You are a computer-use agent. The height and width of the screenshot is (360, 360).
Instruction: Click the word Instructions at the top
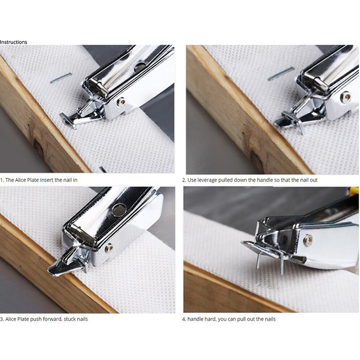click(13, 42)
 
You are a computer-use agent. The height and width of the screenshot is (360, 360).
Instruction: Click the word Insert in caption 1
click(47, 180)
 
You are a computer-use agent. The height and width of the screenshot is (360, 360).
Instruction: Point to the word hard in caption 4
click(209, 319)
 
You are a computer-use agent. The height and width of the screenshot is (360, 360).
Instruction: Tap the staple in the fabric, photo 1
click(61, 78)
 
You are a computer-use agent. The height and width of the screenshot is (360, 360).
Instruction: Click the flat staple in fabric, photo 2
click(281, 73)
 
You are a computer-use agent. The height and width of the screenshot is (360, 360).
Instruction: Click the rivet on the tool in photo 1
click(121, 102)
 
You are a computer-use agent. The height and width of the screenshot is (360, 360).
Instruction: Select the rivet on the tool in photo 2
click(346, 96)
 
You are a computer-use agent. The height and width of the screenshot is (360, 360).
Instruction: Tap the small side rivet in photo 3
click(108, 248)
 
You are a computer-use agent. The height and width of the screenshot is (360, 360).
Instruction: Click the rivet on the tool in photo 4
click(308, 239)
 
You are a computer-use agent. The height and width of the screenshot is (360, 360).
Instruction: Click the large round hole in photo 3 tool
click(119, 209)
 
